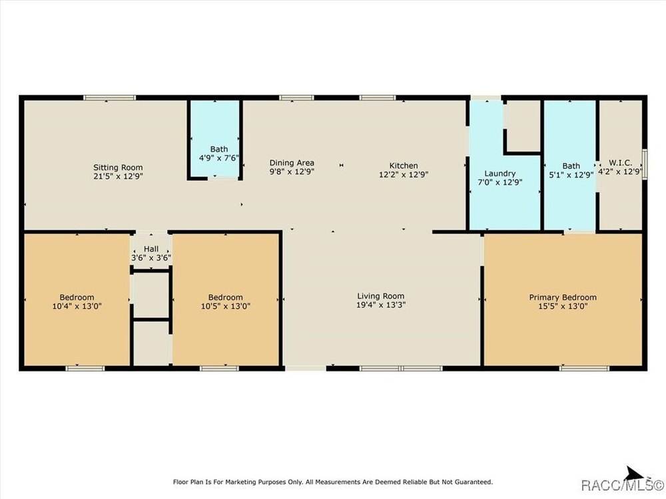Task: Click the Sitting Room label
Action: [x=118, y=168]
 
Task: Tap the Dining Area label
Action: [x=292, y=163]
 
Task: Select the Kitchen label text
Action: [x=404, y=166]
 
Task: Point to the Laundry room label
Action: [x=500, y=174]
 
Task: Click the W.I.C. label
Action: [x=620, y=163]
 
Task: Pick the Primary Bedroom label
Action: [x=563, y=297]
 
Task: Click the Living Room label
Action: [x=380, y=296]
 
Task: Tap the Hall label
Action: [x=151, y=249]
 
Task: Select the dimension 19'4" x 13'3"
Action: [x=381, y=305]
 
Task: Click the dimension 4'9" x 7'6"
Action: [x=219, y=158]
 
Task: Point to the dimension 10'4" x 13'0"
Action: [x=77, y=306]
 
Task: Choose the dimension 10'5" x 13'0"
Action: [x=226, y=306]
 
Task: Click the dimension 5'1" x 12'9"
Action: [x=571, y=174]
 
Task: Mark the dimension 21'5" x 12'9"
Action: [x=118, y=176]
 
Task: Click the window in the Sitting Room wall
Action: [x=110, y=98]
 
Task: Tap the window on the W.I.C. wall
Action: [x=644, y=164]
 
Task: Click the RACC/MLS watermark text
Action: [x=623, y=484]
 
